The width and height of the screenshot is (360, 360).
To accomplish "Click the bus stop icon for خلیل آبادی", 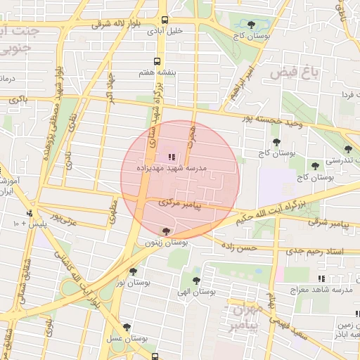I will (x=165, y=20).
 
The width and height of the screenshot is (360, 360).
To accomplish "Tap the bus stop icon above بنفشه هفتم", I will (x=157, y=61).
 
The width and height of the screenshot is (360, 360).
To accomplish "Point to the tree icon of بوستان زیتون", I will (x=166, y=231).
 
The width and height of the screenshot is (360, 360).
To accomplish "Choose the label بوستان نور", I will (x=129, y=282).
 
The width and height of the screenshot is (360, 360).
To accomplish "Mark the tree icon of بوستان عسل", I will (x=127, y=327).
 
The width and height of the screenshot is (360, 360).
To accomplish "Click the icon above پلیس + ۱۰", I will (x=29, y=212).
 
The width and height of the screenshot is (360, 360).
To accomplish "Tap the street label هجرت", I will (x=190, y=141).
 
